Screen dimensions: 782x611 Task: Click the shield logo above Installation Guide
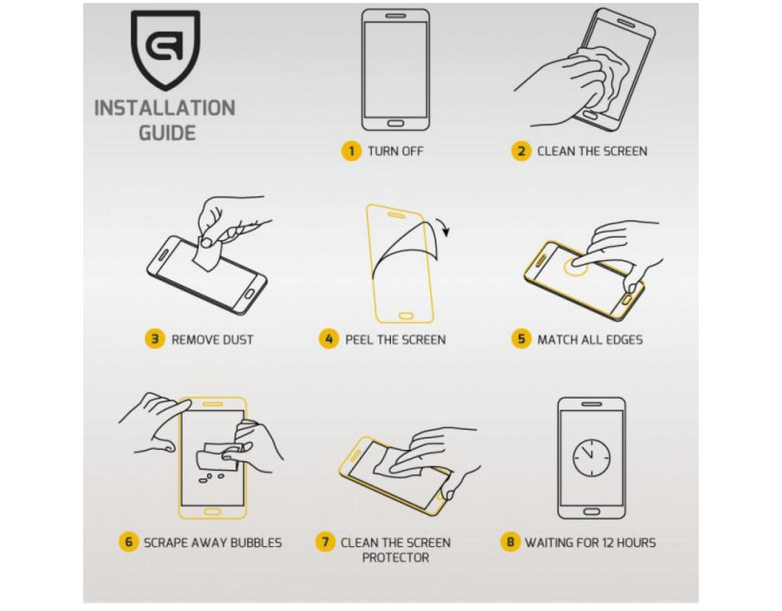165,50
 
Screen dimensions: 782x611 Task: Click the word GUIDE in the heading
167,133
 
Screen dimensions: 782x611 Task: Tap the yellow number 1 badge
351,150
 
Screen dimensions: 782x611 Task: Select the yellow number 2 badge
521,150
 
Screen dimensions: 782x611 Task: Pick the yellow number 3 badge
154,339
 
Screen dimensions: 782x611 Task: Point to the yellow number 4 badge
328,339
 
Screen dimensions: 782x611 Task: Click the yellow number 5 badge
521,339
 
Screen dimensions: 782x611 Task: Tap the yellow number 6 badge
128,541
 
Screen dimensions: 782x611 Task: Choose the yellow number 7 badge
325,541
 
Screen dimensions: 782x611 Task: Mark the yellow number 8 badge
509,541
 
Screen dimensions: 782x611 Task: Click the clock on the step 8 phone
592,458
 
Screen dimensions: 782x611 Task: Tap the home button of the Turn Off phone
396,123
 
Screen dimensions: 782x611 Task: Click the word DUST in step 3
238,340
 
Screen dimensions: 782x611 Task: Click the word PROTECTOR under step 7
396,557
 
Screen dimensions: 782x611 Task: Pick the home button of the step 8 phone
592,512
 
